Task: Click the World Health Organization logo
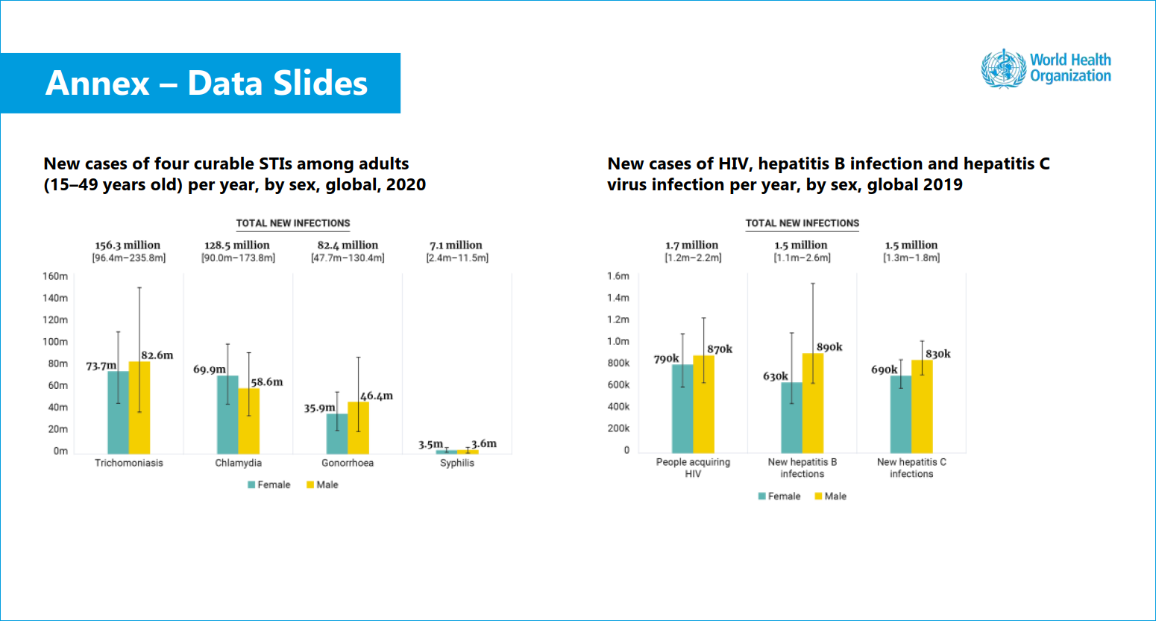click(x=1046, y=68)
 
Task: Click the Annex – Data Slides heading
click(x=207, y=83)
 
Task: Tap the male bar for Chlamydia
click(x=249, y=421)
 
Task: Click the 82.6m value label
click(x=157, y=355)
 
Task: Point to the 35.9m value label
click(x=319, y=408)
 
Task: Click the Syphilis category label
click(x=456, y=463)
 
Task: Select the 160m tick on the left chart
click(x=55, y=276)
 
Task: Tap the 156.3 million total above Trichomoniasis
click(x=128, y=245)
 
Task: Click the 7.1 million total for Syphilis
click(x=456, y=245)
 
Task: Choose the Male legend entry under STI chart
click(x=322, y=484)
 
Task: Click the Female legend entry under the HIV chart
click(x=779, y=496)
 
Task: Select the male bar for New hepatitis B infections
click(x=813, y=403)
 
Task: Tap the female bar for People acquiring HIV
click(x=682, y=408)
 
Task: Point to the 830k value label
click(x=937, y=354)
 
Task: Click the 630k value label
click(x=775, y=376)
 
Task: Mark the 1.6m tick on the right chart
click(x=618, y=276)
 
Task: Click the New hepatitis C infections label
click(x=911, y=468)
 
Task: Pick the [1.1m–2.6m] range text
click(x=802, y=258)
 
